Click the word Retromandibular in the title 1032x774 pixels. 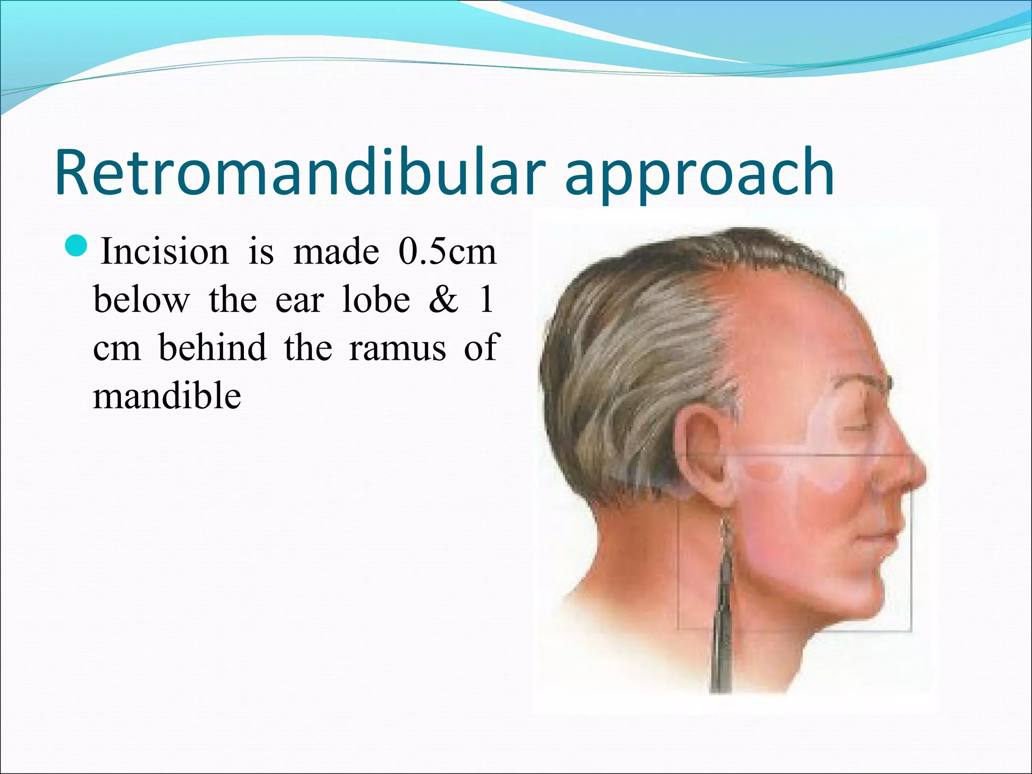tap(300, 172)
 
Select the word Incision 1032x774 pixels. tap(164, 252)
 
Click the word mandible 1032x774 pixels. tap(167, 396)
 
